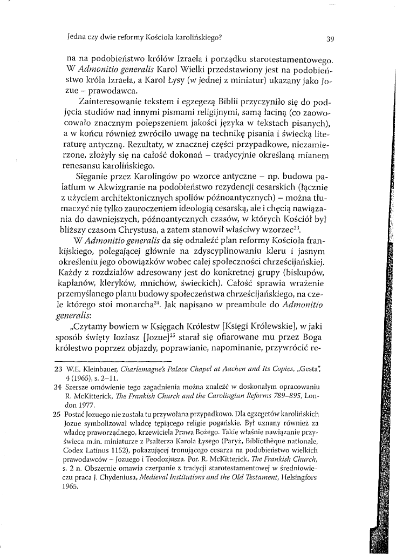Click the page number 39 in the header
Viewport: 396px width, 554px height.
[331, 39]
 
